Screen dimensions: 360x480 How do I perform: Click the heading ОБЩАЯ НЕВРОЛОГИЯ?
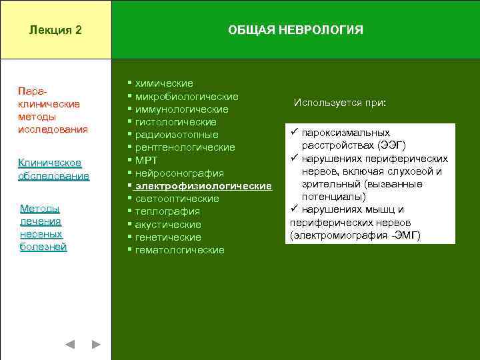point(295,30)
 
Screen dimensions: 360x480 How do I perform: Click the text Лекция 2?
point(56,30)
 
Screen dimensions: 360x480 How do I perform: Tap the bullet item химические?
point(164,83)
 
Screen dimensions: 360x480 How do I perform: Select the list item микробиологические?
point(187,96)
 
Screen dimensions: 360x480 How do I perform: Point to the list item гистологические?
point(175,122)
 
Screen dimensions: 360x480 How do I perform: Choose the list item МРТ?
point(146,161)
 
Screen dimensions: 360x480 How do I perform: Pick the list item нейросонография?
point(179,173)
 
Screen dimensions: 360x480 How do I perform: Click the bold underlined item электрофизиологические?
point(203,186)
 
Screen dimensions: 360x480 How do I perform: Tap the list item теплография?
point(167,211)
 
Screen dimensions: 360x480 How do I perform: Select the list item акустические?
point(168,225)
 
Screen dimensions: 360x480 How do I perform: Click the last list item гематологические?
point(179,250)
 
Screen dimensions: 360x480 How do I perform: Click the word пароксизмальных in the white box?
point(345,133)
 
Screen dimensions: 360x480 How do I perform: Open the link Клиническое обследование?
point(53,169)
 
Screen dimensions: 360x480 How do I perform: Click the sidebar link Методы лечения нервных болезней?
point(43,228)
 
